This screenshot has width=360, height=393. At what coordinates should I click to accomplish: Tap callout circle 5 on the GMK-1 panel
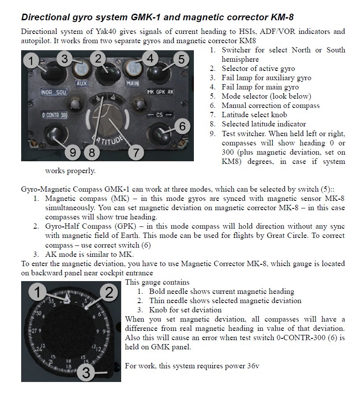[x=179, y=59]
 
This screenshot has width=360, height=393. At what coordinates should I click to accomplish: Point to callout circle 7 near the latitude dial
[x=135, y=152]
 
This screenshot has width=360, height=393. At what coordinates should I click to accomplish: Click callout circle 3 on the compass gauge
[x=86, y=373]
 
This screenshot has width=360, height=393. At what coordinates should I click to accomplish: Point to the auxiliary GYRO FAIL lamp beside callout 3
[x=81, y=68]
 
